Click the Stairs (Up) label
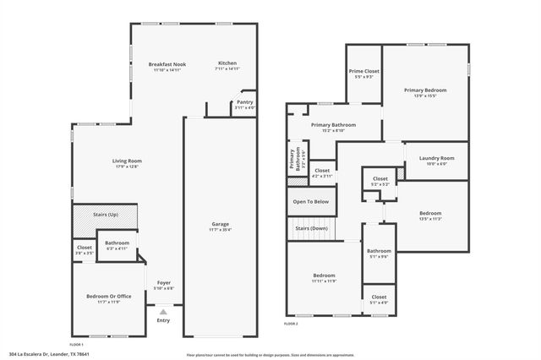(x=106, y=215)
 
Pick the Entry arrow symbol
(x=164, y=312)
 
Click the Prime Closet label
(x=364, y=72)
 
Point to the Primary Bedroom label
(x=424, y=90)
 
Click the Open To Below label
(x=310, y=202)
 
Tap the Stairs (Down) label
(x=311, y=228)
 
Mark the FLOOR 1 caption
(x=76, y=345)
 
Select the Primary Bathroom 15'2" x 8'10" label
(x=333, y=128)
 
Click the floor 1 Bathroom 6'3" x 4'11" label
(x=117, y=245)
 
